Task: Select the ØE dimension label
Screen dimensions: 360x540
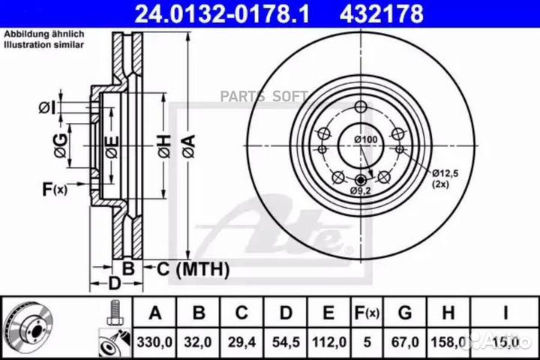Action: pyautogui.click(x=111, y=147)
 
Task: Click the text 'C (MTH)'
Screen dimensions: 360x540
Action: pyautogui.click(x=186, y=267)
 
